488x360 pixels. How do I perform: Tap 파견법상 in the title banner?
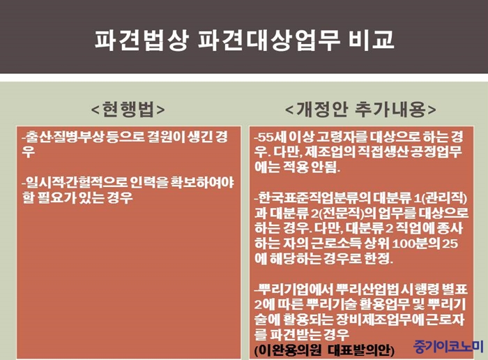142,40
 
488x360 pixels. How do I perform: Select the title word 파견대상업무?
268,40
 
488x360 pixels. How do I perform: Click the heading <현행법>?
128,110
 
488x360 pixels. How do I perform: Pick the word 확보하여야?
202,183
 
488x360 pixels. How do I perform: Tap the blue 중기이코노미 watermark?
448,346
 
